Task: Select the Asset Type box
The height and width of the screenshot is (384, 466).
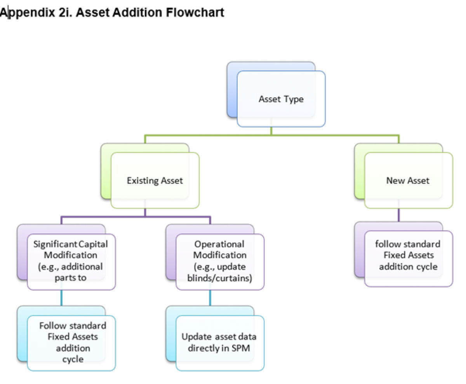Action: (281, 99)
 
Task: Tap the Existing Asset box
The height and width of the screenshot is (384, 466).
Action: (155, 181)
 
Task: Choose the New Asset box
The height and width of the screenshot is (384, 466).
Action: (408, 181)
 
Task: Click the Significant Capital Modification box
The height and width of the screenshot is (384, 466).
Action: (71, 261)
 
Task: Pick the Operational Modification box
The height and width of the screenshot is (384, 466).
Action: (220, 261)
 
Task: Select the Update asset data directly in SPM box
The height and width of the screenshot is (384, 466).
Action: (220, 342)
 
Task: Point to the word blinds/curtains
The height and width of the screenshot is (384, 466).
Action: (220, 278)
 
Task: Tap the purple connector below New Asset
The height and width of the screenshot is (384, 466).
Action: (398, 215)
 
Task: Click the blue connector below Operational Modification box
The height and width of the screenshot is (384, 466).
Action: (210, 298)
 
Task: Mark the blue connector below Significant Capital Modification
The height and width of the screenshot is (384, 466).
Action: (61, 298)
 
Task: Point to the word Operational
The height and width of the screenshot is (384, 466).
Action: (220, 244)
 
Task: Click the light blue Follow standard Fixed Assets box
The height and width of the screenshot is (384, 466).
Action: (71, 342)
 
